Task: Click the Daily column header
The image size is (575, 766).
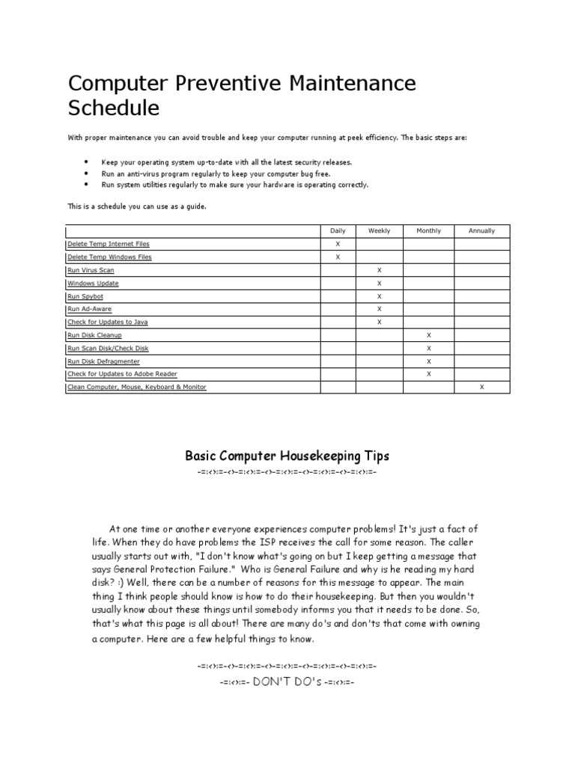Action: pyautogui.click(x=338, y=231)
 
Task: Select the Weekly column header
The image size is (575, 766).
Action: pyautogui.click(x=380, y=231)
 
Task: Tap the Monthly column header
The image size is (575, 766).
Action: pyautogui.click(x=429, y=231)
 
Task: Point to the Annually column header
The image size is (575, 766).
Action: pyautogui.click(x=481, y=231)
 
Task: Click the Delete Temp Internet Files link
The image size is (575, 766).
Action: pyautogui.click(x=113, y=244)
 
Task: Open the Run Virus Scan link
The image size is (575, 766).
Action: pyautogui.click(x=91, y=270)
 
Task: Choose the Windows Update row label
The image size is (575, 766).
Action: pyautogui.click(x=93, y=284)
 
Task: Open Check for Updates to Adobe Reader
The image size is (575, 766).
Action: pyautogui.click(x=122, y=373)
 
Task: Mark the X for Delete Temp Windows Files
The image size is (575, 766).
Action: pyautogui.click(x=338, y=257)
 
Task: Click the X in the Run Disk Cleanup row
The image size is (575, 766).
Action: pyautogui.click(x=429, y=335)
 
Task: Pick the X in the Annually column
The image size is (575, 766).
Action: pyautogui.click(x=481, y=387)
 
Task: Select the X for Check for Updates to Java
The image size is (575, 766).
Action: pyautogui.click(x=380, y=322)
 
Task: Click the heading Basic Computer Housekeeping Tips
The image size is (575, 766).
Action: pyautogui.click(x=287, y=456)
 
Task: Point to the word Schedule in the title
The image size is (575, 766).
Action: pyautogui.click(x=114, y=108)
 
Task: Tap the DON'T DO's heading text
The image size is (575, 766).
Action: pyautogui.click(x=287, y=682)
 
